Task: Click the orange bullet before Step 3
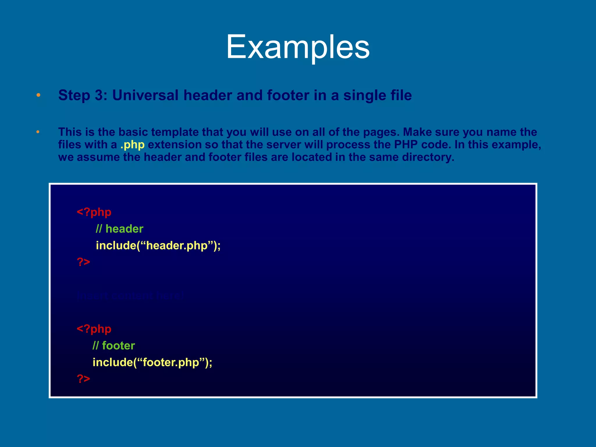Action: pos(38,95)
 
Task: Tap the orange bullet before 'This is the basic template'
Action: pos(38,132)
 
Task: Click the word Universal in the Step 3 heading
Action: pos(145,95)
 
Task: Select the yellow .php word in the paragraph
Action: pos(133,145)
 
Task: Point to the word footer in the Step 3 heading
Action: pos(288,95)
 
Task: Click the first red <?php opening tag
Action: pos(94,212)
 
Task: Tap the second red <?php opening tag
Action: pos(94,329)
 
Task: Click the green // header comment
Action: pos(120,229)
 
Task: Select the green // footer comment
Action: pos(114,345)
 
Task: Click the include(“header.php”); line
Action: pos(158,245)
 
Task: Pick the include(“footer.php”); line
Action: pos(152,362)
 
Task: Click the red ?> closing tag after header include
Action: pos(84,262)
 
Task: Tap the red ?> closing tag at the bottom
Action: pos(84,379)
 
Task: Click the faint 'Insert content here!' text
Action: pos(130,296)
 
